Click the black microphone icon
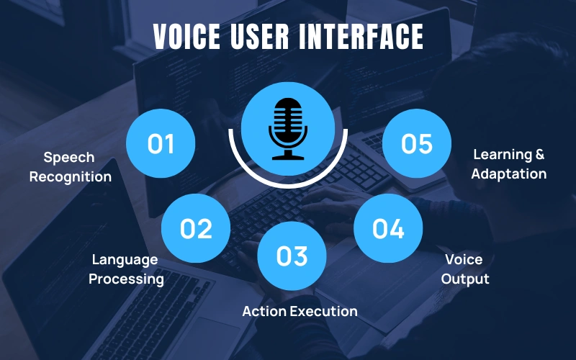pyautogui.click(x=288, y=129)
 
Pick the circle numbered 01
pyautogui.click(x=161, y=144)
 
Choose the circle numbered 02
pyautogui.click(x=196, y=228)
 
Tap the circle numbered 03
pyautogui.click(x=292, y=256)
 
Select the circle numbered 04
pyautogui.click(x=388, y=228)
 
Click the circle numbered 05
pyautogui.click(x=416, y=144)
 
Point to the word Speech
pyautogui.click(x=69, y=157)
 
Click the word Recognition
pyautogui.click(x=71, y=177)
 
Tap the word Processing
pyautogui.click(x=126, y=279)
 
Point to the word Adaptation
pyautogui.click(x=509, y=174)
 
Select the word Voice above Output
pyautogui.click(x=464, y=259)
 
